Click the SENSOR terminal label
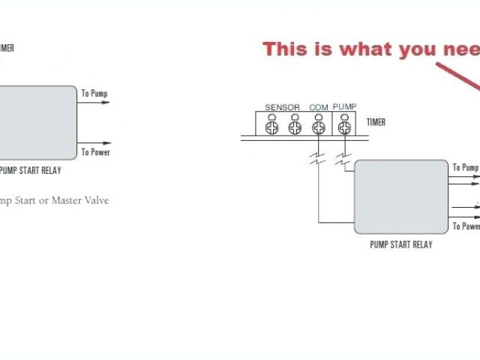(282, 108)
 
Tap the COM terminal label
(319, 108)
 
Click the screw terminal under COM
(319, 127)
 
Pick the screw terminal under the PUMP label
(344, 127)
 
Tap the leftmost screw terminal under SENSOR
(271, 127)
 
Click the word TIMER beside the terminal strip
(376, 122)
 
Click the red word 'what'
(364, 49)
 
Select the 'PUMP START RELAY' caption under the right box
(400, 244)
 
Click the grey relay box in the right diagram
(400, 197)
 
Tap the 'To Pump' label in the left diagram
(94, 94)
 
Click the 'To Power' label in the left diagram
(95, 152)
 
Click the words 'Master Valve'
(79, 200)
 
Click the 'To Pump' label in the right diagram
(465, 168)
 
